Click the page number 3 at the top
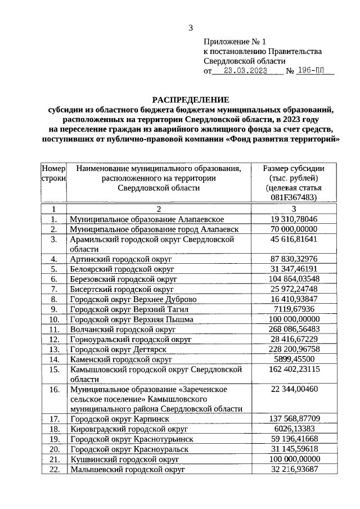[x=191, y=28]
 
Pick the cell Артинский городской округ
[x=121, y=259]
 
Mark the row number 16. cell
[x=54, y=389]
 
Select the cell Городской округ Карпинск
[x=123, y=419]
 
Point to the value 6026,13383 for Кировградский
[x=293, y=429]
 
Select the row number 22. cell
[x=54, y=469]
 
